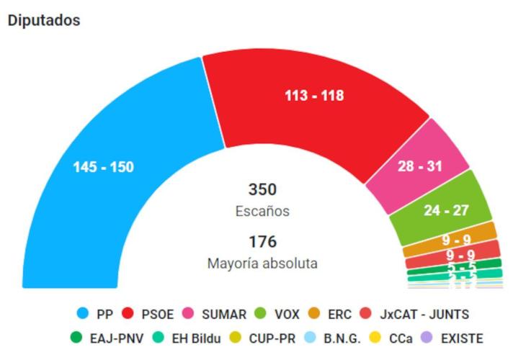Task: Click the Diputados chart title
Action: (x=43, y=20)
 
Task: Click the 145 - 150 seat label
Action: (x=103, y=167)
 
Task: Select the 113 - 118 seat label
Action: (x=313, y=96)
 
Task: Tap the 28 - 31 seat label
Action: (x=419, y=166)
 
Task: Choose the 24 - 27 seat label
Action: (x=446, y=210)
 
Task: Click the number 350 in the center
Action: (x=262, y=189)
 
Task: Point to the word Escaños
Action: (x=262, y=211)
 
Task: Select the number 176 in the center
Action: (x=262, y=242)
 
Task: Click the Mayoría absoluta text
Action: (x=262, y=264)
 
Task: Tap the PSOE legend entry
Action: (x=150, y=315)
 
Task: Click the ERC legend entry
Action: (x=331, y=315)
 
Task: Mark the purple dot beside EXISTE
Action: (x=427, y=338)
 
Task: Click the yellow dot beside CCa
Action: (x=374, y=338)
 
